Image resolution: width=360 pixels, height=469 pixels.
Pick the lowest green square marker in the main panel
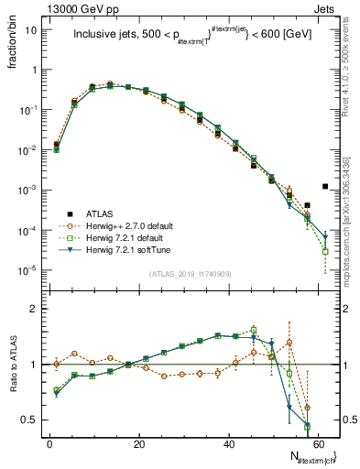pos(325,251)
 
